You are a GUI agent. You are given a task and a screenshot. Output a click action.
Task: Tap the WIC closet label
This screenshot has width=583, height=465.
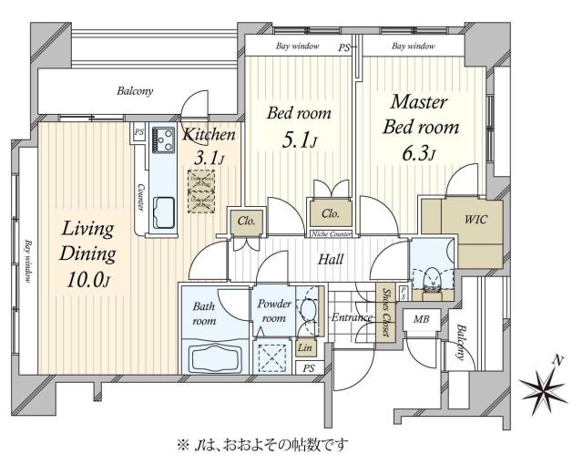coord(476,221)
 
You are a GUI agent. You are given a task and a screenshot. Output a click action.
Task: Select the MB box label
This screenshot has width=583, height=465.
coord(421,320)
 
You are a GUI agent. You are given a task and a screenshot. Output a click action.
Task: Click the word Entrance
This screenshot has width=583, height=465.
coord(350,317)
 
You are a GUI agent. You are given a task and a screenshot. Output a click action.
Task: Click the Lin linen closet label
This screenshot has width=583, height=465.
coord(304,348)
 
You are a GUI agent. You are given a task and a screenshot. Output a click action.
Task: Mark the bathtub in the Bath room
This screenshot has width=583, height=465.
coord(215,356)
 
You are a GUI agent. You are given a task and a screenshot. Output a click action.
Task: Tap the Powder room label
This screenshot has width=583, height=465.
coord(273,311)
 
